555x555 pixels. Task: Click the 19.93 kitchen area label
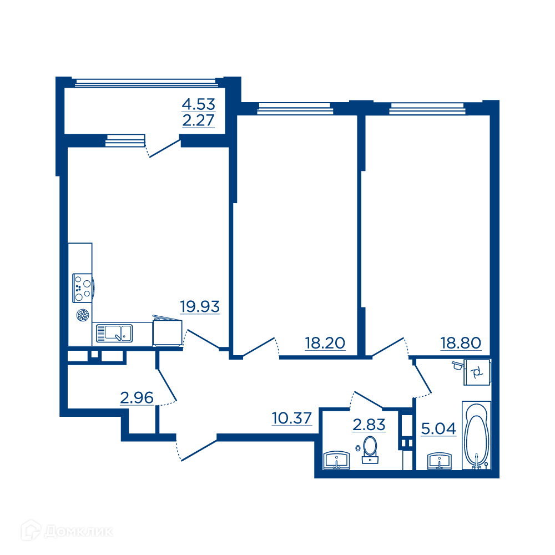tap(200, 306)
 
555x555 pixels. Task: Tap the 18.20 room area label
tap(325, 343)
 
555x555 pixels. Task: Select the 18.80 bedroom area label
tap(461, 343)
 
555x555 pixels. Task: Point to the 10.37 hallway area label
tap(292, 418)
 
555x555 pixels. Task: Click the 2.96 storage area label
tap(137, 398)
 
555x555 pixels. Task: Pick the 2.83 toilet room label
tap(369, 425)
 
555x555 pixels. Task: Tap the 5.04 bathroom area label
tap(438, 428)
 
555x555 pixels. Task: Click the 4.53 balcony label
tap(199, 104)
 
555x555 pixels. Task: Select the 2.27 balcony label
tap(199, 120)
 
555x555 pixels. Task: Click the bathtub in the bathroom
tap(476, 435)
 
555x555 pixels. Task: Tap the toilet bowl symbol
tap(370, 450)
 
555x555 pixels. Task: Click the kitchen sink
tap(114, 334)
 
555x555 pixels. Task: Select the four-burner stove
tap(83, 287)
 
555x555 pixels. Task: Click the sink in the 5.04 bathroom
tap(440, 461)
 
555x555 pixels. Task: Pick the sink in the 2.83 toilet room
tap(336, 460)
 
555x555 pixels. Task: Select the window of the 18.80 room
tap(427, 108)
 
